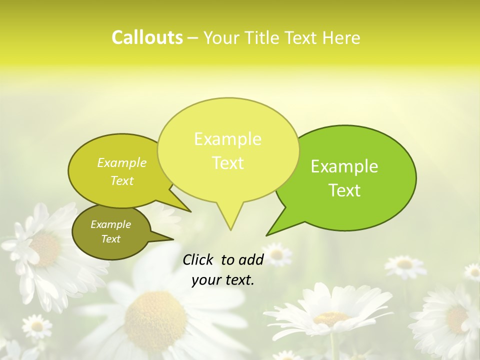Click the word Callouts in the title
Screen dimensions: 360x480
click(x=147, y=37)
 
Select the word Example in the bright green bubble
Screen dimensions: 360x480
click(x=344, y=166)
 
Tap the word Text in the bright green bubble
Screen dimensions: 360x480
click(x=344, y=190)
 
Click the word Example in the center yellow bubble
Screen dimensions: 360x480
click(x=227, y=139)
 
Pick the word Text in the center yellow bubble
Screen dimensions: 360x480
click(x=227, y=163)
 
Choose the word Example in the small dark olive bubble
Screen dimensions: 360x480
click(x=110, y=224)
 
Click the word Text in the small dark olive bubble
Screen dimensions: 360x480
click(x=110, y=239)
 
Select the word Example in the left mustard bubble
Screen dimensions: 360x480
click(x=122, y=163)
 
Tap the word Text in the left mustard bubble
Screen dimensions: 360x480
click(x=122, y=181)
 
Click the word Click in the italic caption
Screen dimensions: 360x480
click(x=198, y=259)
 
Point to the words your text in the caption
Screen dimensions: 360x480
click(x=222, y=280)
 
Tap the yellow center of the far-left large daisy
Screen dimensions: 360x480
click(x=46, y=249)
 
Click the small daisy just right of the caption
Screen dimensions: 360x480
click(x=276, y=254)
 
